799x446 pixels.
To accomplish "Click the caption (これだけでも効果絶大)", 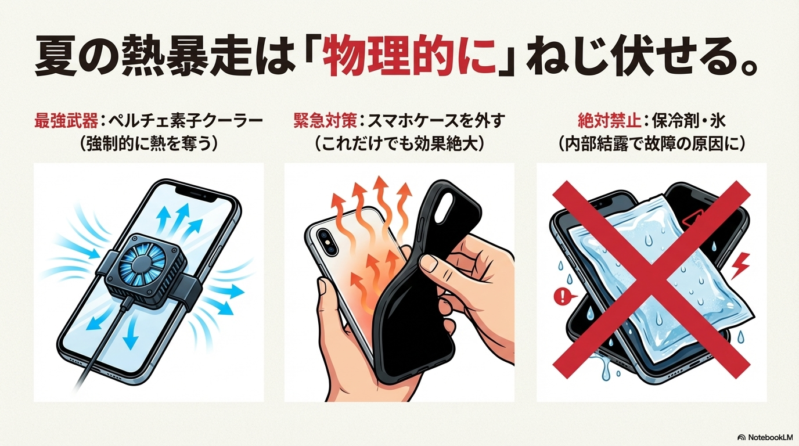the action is click(x=400, y=144).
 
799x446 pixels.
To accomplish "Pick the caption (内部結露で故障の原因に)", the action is click(x=652, y=144).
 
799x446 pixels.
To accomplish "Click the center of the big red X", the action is click(x=652, y=280).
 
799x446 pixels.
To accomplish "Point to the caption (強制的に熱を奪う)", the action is click(x=149, y=144).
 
